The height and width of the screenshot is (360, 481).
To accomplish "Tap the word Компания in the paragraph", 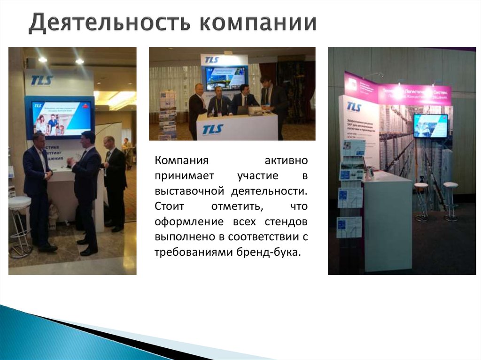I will pyautogui.click(x=181, y=161).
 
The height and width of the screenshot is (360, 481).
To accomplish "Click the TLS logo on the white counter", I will pyautogui.click(x=213, y=129).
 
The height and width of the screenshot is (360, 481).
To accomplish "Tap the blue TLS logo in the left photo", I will pyautogui.click(x=41, y=80).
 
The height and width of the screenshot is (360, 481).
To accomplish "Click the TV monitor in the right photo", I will pyautogui.click(x=430, y=125).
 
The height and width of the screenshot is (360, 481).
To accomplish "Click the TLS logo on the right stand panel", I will pyautogui.click(x=354, y=107).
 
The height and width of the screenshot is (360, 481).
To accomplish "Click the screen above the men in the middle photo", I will pyautogui.click(x=225, y=77).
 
